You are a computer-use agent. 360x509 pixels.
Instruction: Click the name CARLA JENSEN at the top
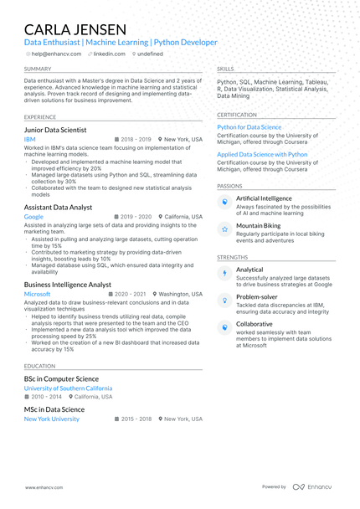[75, 29]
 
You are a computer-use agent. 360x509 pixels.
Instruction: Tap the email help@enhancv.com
[57, 54]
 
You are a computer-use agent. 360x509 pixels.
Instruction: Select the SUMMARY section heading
[38, 69]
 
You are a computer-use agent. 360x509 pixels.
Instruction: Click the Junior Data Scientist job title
[66, 130]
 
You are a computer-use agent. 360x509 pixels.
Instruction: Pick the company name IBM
[29, 140]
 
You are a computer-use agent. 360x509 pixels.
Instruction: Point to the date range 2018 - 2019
[136, 140]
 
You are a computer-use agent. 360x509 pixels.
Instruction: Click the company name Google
[33, 216]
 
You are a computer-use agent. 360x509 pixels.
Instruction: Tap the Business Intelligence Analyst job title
[68, 285]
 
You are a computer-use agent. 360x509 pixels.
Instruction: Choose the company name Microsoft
[38, 295]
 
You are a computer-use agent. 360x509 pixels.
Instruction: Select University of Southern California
[68, 388]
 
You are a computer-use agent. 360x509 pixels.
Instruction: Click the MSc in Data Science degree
[54, 409]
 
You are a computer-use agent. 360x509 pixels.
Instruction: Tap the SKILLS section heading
[225, 69]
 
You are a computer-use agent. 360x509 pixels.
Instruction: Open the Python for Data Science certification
[249, 127]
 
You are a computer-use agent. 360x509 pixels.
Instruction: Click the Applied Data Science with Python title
[262, 154]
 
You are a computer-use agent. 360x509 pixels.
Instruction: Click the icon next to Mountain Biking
[224, 229]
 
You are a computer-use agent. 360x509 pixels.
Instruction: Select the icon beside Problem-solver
[224, 300]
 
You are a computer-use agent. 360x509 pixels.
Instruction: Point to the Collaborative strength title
[254, 323]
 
